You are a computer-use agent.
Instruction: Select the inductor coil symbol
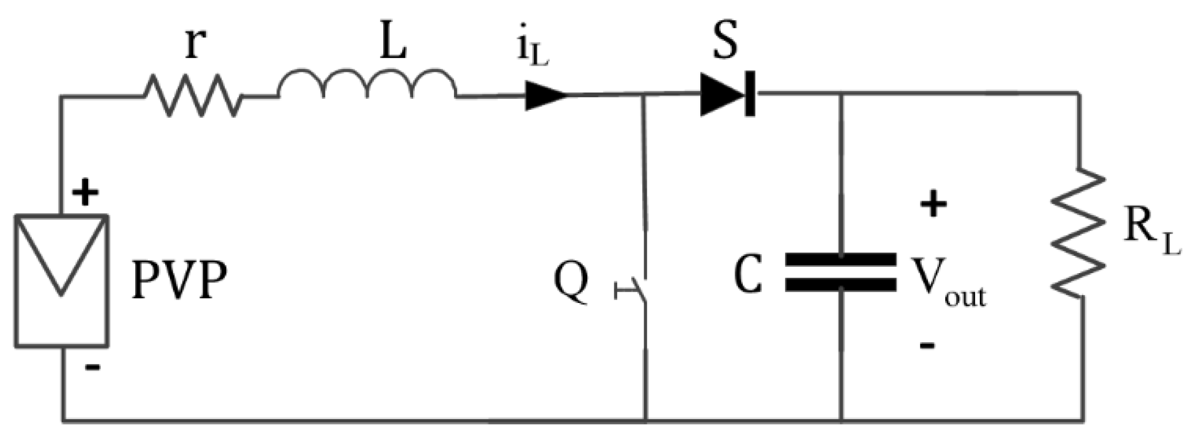(x=368, y=86)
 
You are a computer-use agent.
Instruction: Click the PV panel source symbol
(x=62, y=281)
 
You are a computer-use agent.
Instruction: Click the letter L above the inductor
(x=394, y=43)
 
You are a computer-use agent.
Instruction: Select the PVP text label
(x=180, y=281)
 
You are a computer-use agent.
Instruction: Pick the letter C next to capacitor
(x=749, y=275)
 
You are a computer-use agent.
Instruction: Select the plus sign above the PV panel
(x=85, y=193)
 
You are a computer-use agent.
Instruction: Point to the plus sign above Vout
(x=933, y=205)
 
